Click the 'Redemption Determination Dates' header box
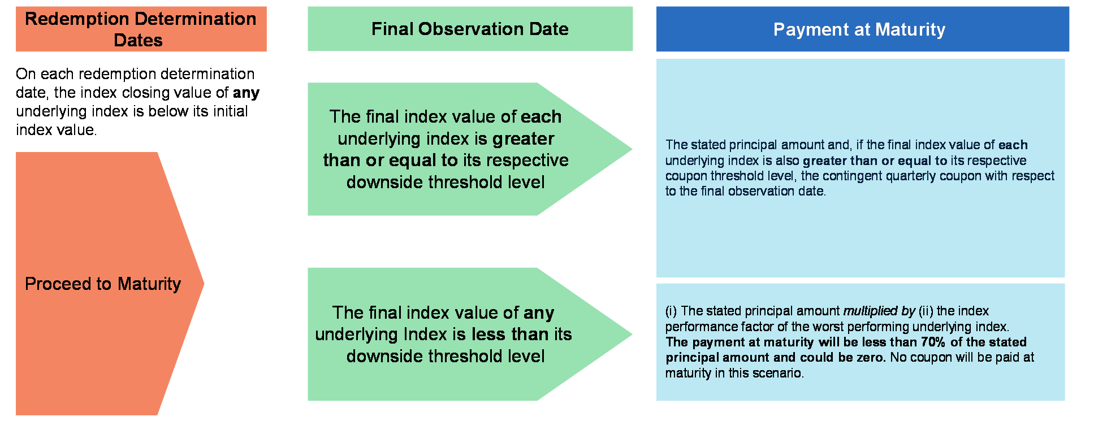[x=141, y=29]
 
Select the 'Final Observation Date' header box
[x=470, y=29]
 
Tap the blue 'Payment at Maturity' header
[x=862, y=29]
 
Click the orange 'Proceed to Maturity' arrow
[x=110, y=284]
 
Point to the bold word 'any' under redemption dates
[x=246, y=93]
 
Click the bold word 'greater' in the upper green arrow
[x=523, y=139]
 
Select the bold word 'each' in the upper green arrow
[x=541, y=116]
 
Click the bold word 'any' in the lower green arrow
[x=539, y=313]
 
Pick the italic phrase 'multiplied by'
[x=879, y=311]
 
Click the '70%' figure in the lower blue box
[x=933, y=342]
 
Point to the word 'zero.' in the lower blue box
[x=870, y=357]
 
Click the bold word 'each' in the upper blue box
[x=1013, y=145]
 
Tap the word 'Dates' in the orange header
[x=138, y=40]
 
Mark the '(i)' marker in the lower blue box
[x=671, y=311]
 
